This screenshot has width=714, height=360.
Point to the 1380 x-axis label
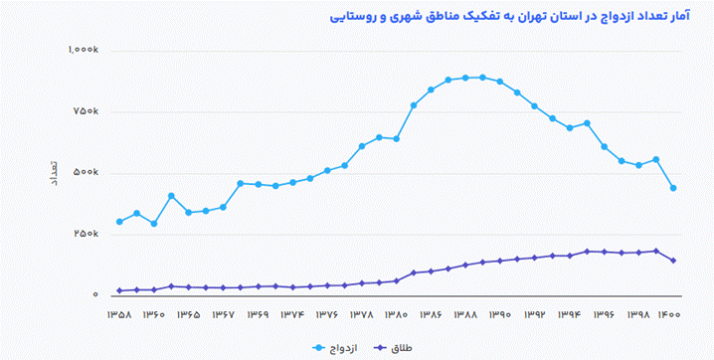coord(396,315)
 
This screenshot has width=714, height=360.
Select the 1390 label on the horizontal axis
coord(500,315)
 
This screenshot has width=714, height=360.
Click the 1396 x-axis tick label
coord(605,315)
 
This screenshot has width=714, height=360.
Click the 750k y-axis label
coord(87,111)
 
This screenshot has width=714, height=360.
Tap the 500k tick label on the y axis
coord(87,173)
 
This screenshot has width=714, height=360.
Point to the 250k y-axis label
coord(87,235)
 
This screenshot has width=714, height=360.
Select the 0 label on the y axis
coord(96,295)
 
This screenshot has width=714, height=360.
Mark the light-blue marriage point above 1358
coord(119,222)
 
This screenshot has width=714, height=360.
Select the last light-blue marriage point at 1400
coord(673,188)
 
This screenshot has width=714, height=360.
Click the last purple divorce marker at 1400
coord(673,261)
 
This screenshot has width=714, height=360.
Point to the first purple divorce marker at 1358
coord(119,290)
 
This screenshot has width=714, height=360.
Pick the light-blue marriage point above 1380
coord(397,138)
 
